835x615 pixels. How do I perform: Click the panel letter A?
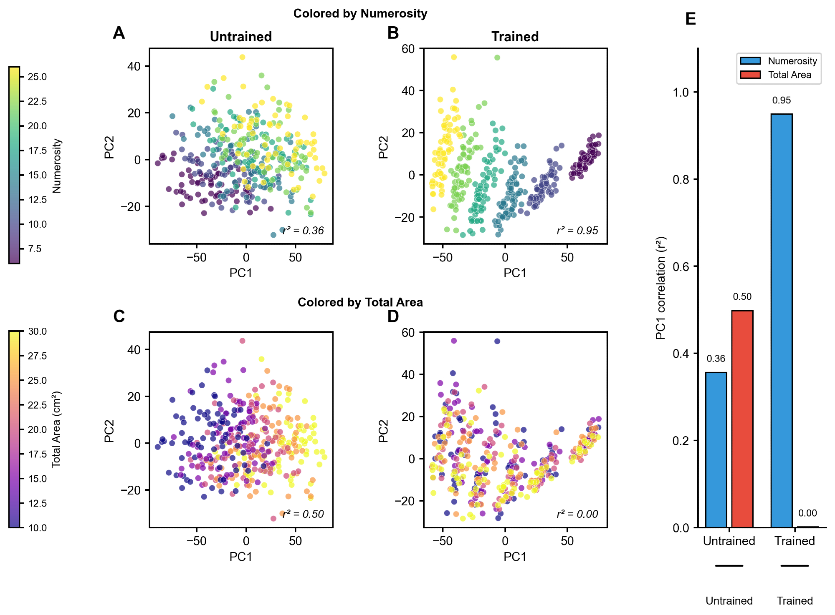point(119,33)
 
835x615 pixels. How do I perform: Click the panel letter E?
point(691,19)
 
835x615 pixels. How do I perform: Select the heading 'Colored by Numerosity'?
point(360,14)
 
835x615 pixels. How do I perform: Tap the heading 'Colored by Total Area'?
point(360,302)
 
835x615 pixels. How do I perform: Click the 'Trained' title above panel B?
point(515,37)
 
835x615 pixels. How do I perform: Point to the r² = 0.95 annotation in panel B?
point(577,231)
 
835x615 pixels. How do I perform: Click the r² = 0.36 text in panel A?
point(303,231)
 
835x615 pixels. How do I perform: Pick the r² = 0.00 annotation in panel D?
point(577,514)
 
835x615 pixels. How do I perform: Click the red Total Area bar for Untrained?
point(742,419)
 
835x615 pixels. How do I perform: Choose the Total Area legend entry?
point(789,75)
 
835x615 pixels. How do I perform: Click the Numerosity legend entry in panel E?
point(792,61)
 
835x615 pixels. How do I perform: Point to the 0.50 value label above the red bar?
point(742,297)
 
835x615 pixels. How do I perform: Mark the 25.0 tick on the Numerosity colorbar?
point(37,77)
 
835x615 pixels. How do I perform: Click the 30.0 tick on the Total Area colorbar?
point(37,331)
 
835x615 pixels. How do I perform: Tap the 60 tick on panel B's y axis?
point(408,49)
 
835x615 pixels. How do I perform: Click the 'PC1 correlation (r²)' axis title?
point(660,288)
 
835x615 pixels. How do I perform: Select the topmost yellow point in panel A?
point(242,57)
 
